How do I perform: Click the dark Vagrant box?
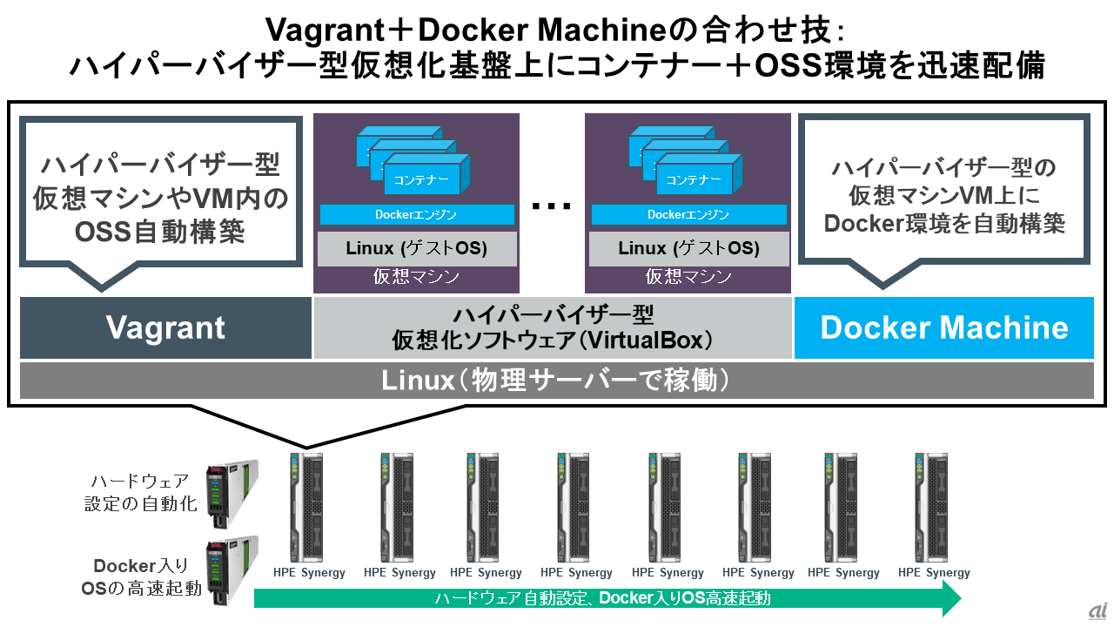165,327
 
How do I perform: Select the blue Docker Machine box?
943,327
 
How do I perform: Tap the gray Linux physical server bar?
556,381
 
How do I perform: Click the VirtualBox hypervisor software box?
553,327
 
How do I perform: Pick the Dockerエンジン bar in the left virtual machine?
416,214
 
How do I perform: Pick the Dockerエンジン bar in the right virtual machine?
688,214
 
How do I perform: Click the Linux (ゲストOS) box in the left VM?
416,248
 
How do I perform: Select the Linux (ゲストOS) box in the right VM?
688,248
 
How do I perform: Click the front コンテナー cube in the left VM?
424,179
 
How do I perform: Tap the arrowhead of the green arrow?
951,598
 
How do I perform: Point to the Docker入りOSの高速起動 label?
141,577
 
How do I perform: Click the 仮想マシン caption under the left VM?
416,278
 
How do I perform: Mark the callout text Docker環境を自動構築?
945,224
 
